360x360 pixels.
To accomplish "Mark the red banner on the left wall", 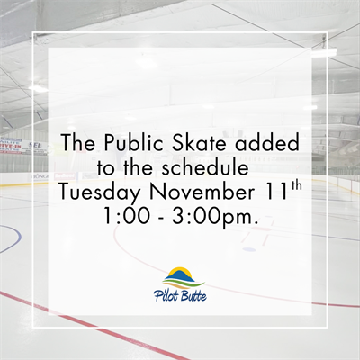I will [x=11, y=142].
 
